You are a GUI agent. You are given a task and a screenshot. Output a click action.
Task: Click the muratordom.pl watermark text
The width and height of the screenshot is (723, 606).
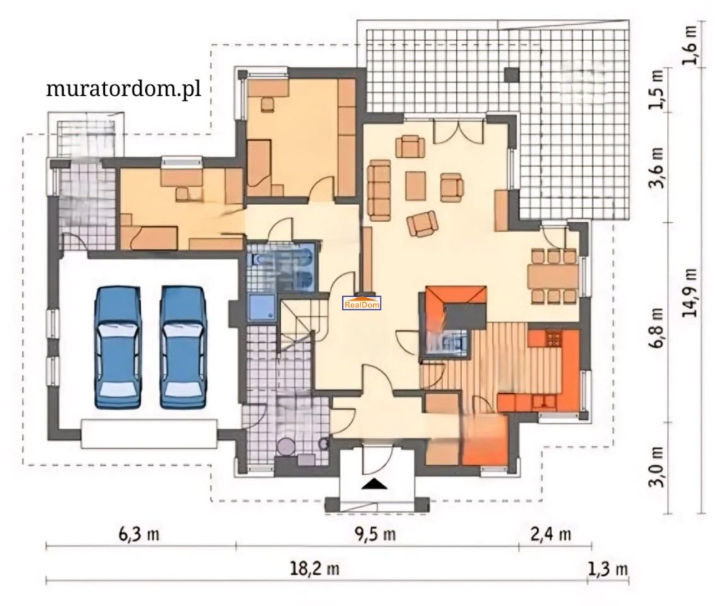point(124,88)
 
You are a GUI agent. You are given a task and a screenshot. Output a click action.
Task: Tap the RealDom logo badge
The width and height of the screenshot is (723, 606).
point(362,303)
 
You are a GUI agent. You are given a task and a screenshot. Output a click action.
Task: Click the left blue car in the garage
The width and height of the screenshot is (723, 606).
point(117,347)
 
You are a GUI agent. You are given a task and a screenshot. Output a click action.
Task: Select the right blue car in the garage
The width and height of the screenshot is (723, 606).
point(183,347)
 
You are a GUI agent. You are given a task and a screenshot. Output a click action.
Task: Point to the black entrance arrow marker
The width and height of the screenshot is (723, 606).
point(373,484)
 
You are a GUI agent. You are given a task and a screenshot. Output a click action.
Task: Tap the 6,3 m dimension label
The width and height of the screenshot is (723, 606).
point(139,534)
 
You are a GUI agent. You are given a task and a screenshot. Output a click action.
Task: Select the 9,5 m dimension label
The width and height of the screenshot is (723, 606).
point(375,534)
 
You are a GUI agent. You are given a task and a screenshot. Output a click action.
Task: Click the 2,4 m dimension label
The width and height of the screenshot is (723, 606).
point(551,534)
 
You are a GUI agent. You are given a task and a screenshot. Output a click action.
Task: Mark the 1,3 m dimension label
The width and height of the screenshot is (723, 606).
point(608,569)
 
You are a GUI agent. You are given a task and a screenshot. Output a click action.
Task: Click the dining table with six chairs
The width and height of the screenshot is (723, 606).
point(553,276)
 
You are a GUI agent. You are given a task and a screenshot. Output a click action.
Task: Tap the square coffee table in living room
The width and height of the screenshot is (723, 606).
point(415,185)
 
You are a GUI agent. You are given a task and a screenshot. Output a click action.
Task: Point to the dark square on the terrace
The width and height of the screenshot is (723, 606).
point(512,74)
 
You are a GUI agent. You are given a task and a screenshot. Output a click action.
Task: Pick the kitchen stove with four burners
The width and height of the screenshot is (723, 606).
point(554,339)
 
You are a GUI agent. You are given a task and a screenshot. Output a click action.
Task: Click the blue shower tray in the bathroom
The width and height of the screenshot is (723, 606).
point(262,308)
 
